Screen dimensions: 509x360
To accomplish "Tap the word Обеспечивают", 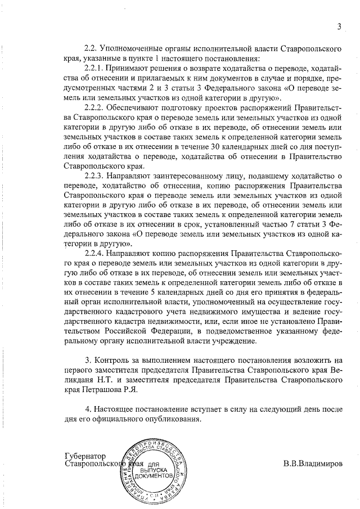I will [x=139, y=108].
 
